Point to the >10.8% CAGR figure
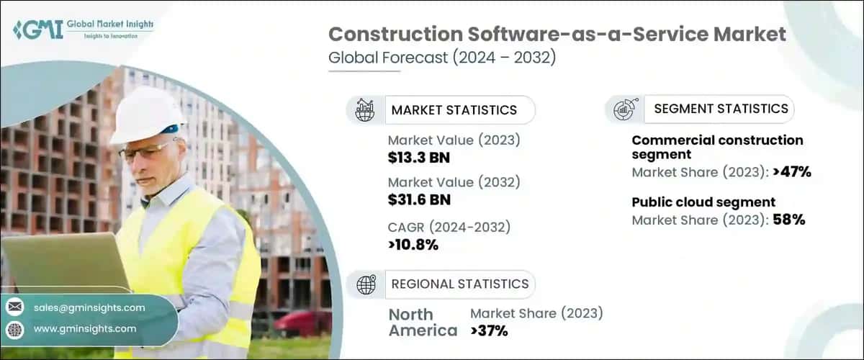click(x=413, y=246)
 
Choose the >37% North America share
click(x=489, y=331)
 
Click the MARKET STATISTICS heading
click(x=454, y=110)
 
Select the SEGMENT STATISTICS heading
click(x=721, y=109)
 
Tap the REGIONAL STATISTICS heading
click(x=459, y=284)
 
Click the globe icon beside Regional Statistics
click(x=366, y=284)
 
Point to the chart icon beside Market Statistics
click(x=366, y=110)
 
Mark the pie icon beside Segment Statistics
click(x=623, y=109)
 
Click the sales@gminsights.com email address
click(x=89, y=307)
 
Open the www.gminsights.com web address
click(x=85, y=329)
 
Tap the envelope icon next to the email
click(x=15, y=307)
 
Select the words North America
click(x=423, y=323)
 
